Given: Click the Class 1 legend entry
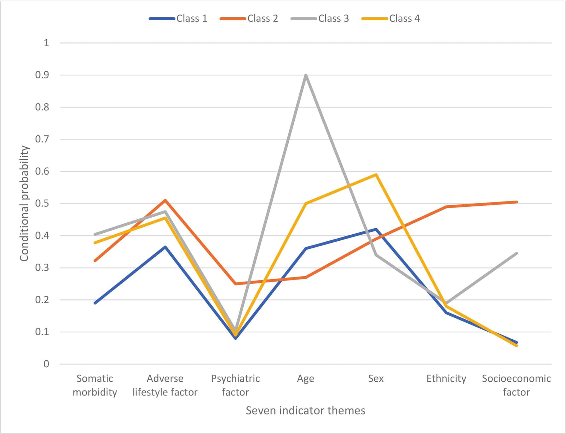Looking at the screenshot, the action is pyautogui.click(x=178, y=18).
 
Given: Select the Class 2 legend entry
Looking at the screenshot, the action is pyautogui.click(x=249, y=18).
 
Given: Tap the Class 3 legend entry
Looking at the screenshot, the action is pyautogui.click(x=320, y=18).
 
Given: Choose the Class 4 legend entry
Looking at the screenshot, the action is pyautogui.click(x=391, y=18).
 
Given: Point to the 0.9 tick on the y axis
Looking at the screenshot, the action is pyautogui.click(x=42, y=75).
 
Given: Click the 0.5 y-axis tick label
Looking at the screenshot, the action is pyautogui.click(x=42, y=204).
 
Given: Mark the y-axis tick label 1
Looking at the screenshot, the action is pyautogui.click(x=46, y=43).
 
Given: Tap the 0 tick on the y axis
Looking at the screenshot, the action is pyautogui.click(x=46, y=364).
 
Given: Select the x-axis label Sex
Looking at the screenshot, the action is pyautogui.click(x=376, y=378).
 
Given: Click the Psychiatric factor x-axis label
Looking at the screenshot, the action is pyautogui.click(x=235, y=385).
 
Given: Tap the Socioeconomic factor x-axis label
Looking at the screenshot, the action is pyautogui.click(x=516, y=385).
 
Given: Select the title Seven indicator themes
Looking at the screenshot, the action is pyautogui.click(x=306, y=411).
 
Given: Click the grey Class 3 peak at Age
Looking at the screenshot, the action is pyautogui.click(x=306, y=75).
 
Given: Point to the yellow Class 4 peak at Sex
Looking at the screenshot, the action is pyautogui.click(x=376, y=175).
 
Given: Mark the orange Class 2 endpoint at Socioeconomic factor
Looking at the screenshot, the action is pyautogui.click(x=516, y=202).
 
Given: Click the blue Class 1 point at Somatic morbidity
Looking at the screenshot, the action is pyautogui.click(x=95, y=303).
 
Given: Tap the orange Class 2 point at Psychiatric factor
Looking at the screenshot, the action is pyautogui.click(x=235, y=283).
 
